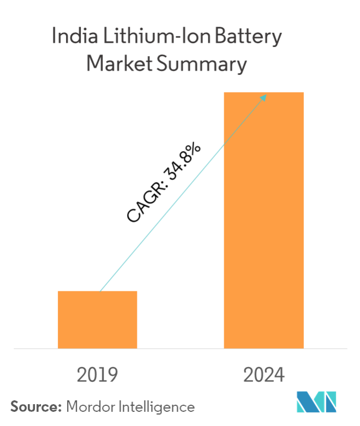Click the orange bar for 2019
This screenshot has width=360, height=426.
pyautogui.click(x=98, y=319)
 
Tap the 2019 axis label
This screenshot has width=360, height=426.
pyautogui.click(x=98, y=375)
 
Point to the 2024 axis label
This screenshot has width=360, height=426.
pyautogui.click(x=264, y=375)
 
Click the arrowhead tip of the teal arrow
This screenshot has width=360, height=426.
pyautogui.click(x=266, y=95)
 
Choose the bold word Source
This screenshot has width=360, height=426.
pyautogui.click(x=35, y=406)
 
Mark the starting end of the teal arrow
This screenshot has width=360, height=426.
pyautogui.click(x=100, y=291)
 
